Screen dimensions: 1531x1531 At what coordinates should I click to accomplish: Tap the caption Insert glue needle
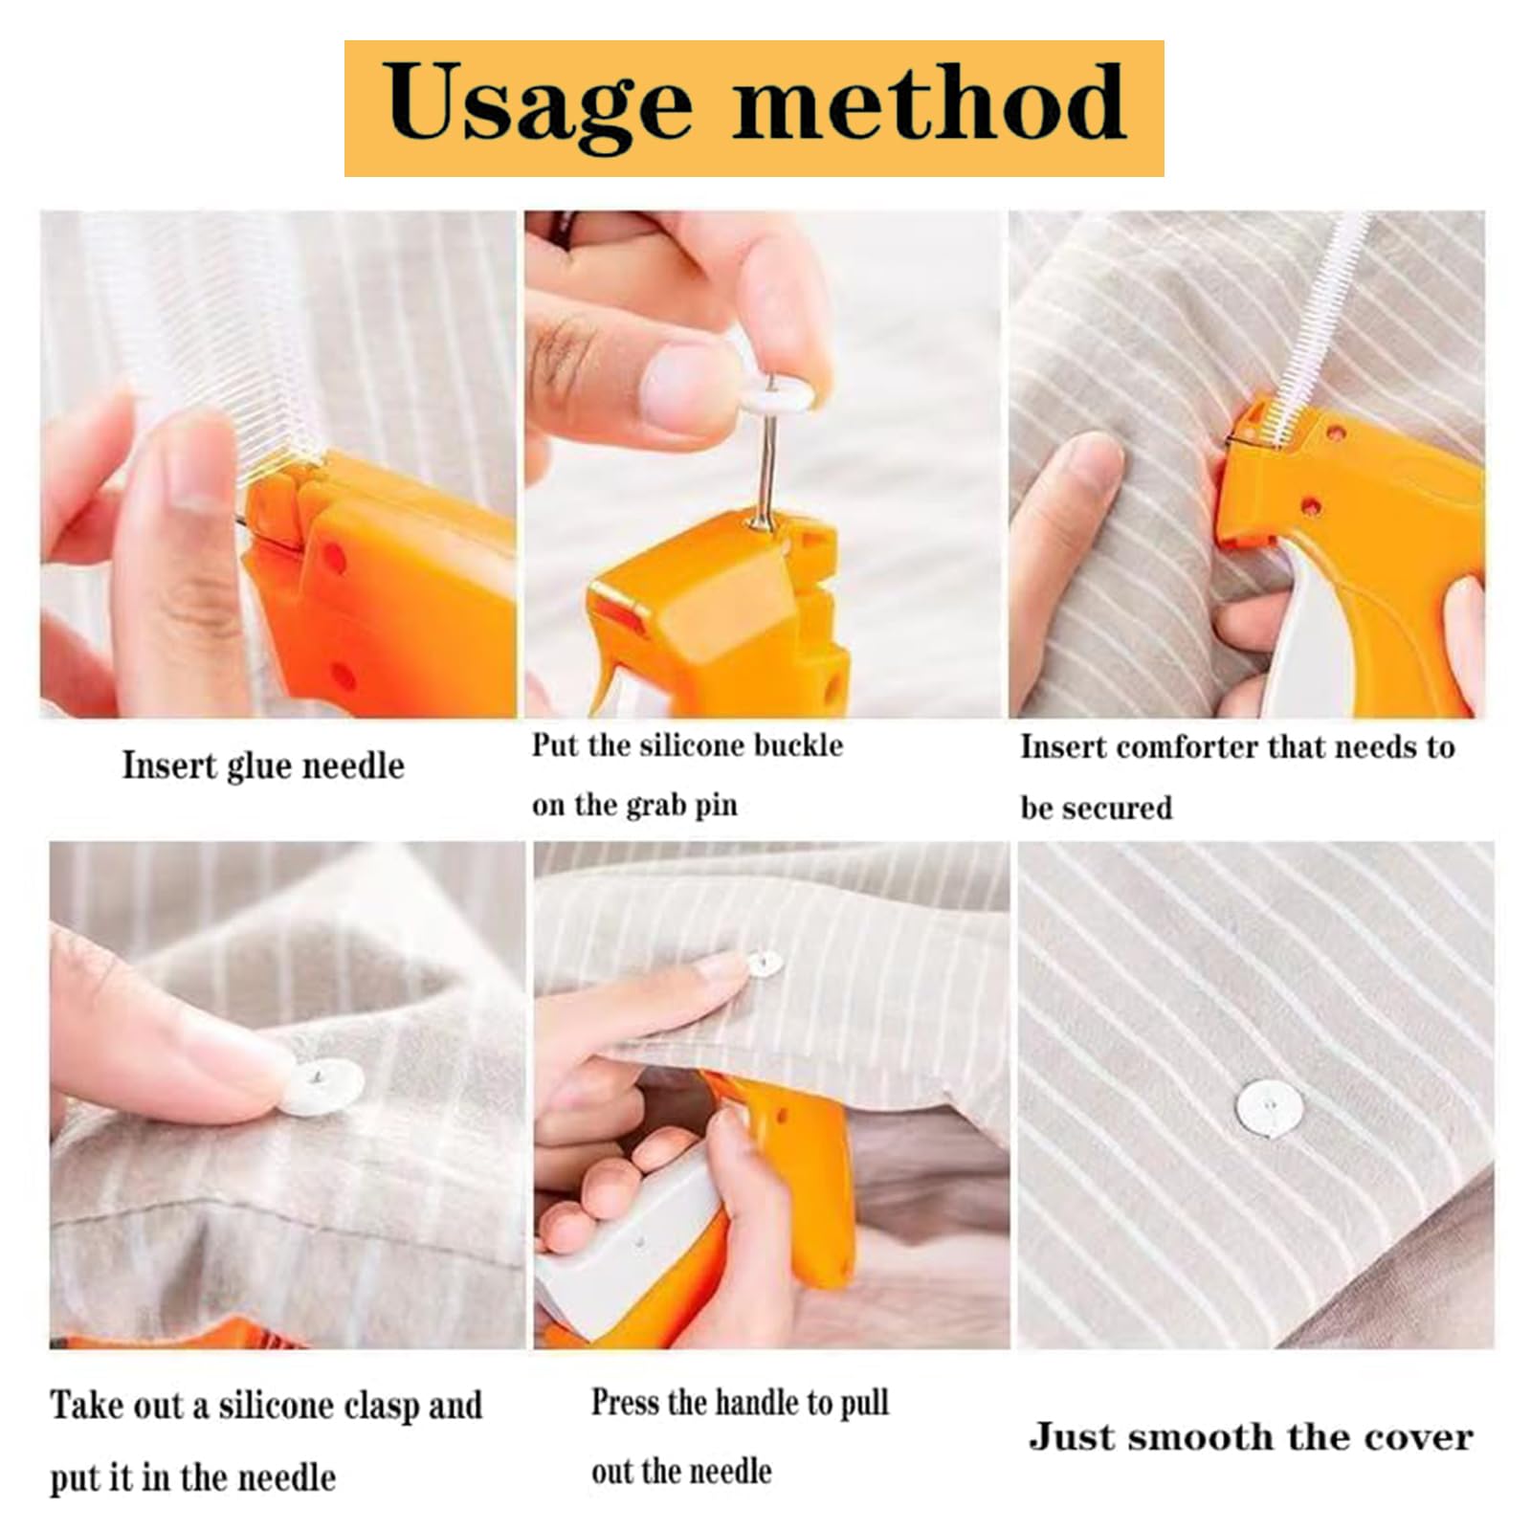coord(263,766)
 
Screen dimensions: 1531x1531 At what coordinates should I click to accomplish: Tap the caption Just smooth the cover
coord(1251,1437)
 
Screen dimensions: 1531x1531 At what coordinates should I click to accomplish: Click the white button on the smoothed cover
coord(1269,1108)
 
